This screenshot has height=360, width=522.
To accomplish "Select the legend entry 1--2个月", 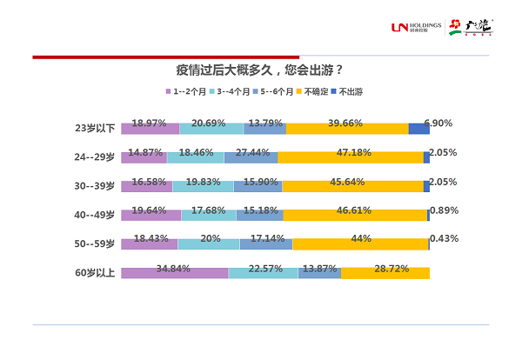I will point(188,90).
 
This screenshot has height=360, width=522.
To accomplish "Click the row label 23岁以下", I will point(96,129).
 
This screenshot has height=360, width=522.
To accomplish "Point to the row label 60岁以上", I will point(96,273).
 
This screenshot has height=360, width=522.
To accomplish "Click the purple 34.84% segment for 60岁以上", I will point(174,273).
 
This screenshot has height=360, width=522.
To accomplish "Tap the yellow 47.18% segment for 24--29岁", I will point(351,157).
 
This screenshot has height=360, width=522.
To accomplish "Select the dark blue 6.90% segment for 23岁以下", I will point(418,129).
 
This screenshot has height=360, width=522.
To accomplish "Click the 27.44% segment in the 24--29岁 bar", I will point(251,157).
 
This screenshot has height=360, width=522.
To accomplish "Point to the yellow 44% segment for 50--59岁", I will point(360,244).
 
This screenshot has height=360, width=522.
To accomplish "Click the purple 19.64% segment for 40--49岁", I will point(151,215).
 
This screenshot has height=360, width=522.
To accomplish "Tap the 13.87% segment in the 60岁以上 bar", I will point(319,273).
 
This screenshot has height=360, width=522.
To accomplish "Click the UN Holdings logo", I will point(417,28).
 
